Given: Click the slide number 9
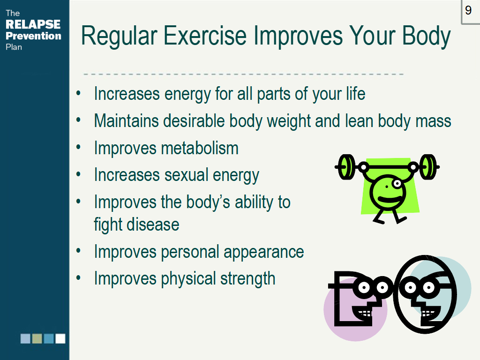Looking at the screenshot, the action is click(468, 10).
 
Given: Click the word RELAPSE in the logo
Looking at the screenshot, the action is click(33, 24).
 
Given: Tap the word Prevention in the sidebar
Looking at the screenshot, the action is click(33, 36).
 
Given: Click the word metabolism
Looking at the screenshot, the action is click(200, 148).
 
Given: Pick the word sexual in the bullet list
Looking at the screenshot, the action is click(186, 175).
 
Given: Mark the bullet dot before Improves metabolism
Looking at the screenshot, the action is click(78, 147).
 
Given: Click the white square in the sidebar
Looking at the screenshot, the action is click(60, 338).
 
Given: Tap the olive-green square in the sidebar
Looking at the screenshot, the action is click(37, 338).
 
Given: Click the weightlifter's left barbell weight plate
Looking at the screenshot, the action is click(346, 167).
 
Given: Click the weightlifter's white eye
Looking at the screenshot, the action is click(397, 184).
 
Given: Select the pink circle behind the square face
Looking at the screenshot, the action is click(355, 309).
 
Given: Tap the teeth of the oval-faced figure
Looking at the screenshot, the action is click(427, 314).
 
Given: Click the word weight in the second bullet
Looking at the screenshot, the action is click(289, 121).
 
